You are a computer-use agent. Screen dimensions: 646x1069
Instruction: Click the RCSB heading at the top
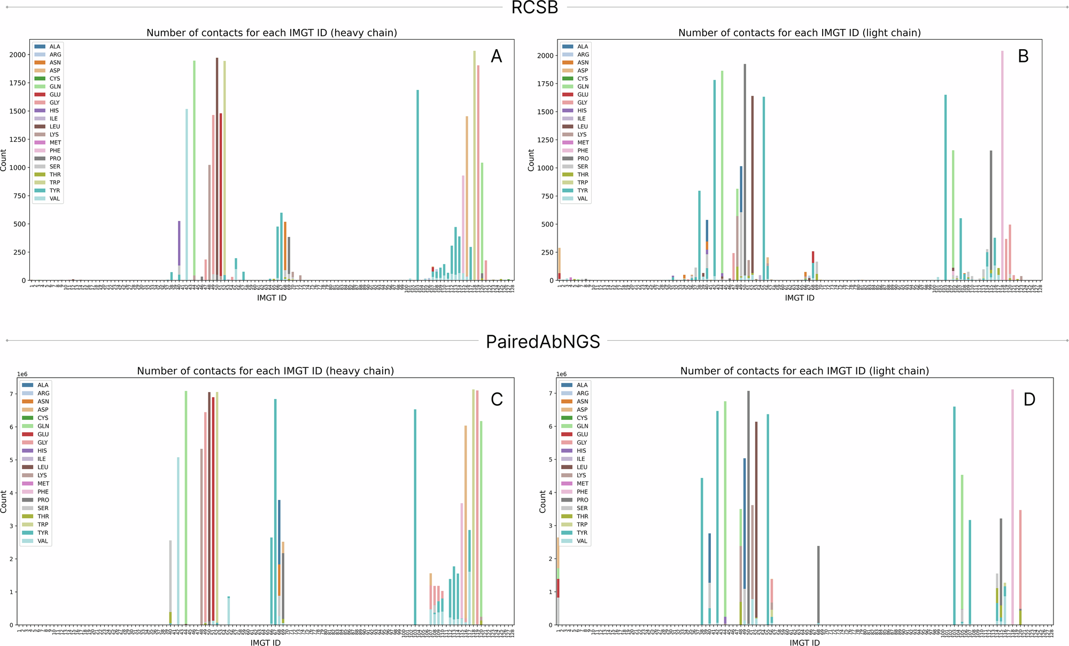[534, 7]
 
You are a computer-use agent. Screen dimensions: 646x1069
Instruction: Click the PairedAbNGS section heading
[543, 341]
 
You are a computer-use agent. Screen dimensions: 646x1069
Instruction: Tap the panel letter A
[497, 56]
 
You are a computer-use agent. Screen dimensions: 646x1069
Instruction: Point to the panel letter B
[1023, 56]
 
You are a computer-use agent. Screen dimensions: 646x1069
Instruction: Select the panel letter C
[497, 399]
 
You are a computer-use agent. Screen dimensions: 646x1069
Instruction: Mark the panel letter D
[1029, 399]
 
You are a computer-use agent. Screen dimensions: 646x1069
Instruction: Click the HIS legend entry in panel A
[54, 111]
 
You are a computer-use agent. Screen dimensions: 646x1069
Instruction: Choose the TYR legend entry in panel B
[583, 190]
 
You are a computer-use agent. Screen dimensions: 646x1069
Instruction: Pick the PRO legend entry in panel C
[43, 500]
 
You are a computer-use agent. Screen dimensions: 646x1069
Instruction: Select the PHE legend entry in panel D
[582, 491]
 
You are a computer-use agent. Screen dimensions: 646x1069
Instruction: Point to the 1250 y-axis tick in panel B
[546, 140]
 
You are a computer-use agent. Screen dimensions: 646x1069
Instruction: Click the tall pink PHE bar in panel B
[1002, 160]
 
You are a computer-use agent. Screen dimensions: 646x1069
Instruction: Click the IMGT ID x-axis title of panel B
[800, 298]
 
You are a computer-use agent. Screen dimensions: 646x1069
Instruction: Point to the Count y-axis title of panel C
[4, 502]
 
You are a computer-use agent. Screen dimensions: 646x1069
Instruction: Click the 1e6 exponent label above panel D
[561, 374]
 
